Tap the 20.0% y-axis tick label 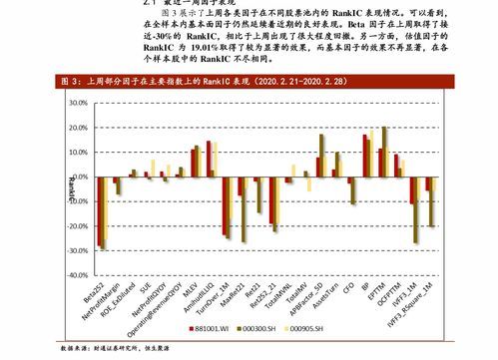pyautogui.click(x=73, y=127)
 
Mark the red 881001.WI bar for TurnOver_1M pyautogui.click(x=225, y=205)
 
